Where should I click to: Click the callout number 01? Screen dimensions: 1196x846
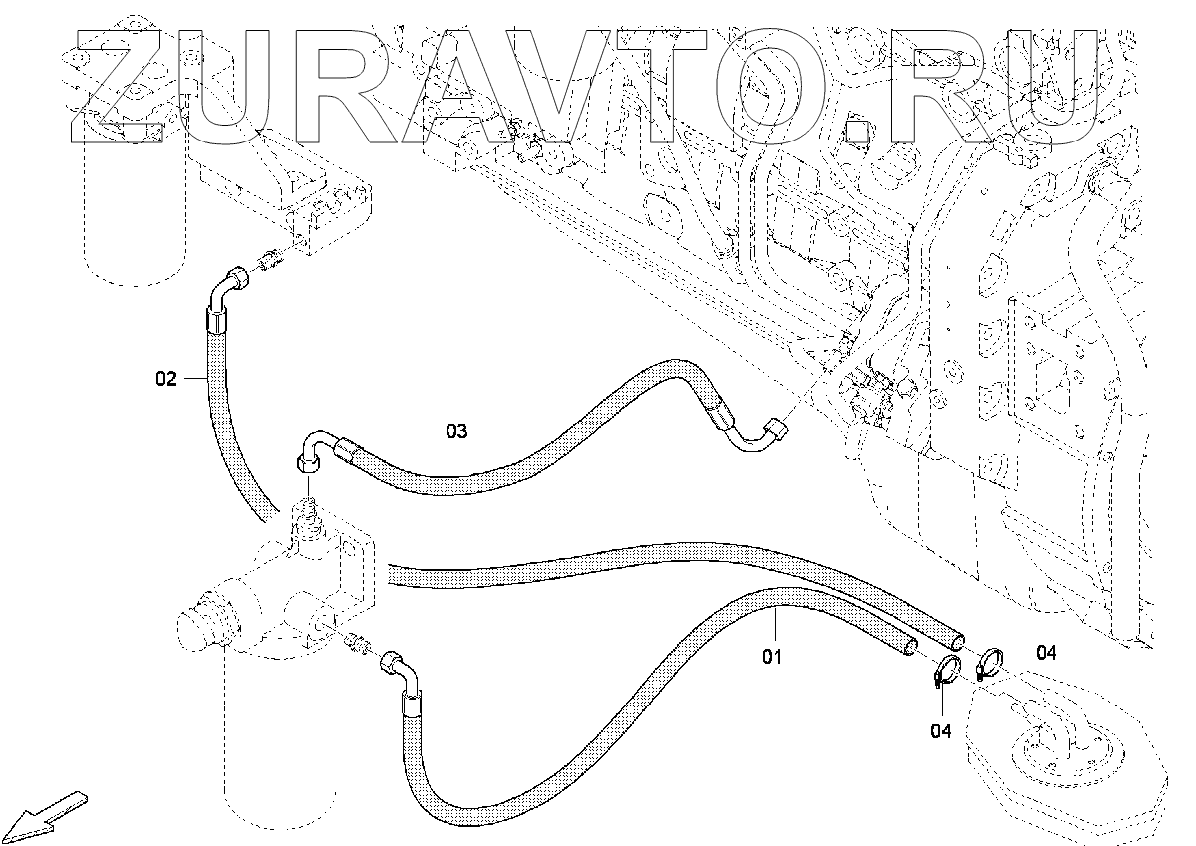pos(772,657)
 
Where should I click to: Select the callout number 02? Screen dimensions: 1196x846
pos(166,378)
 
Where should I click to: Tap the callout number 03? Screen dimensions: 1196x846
pos(455,431)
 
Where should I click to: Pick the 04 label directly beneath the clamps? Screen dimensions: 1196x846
pos(941,731)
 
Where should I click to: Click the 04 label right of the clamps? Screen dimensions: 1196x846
pos(1046,653)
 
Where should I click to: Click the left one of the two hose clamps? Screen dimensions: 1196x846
pos(946,672)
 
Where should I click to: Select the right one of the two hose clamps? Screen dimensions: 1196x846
pos(990,661)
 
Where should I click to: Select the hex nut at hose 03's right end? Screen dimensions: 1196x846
pos(773,431)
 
